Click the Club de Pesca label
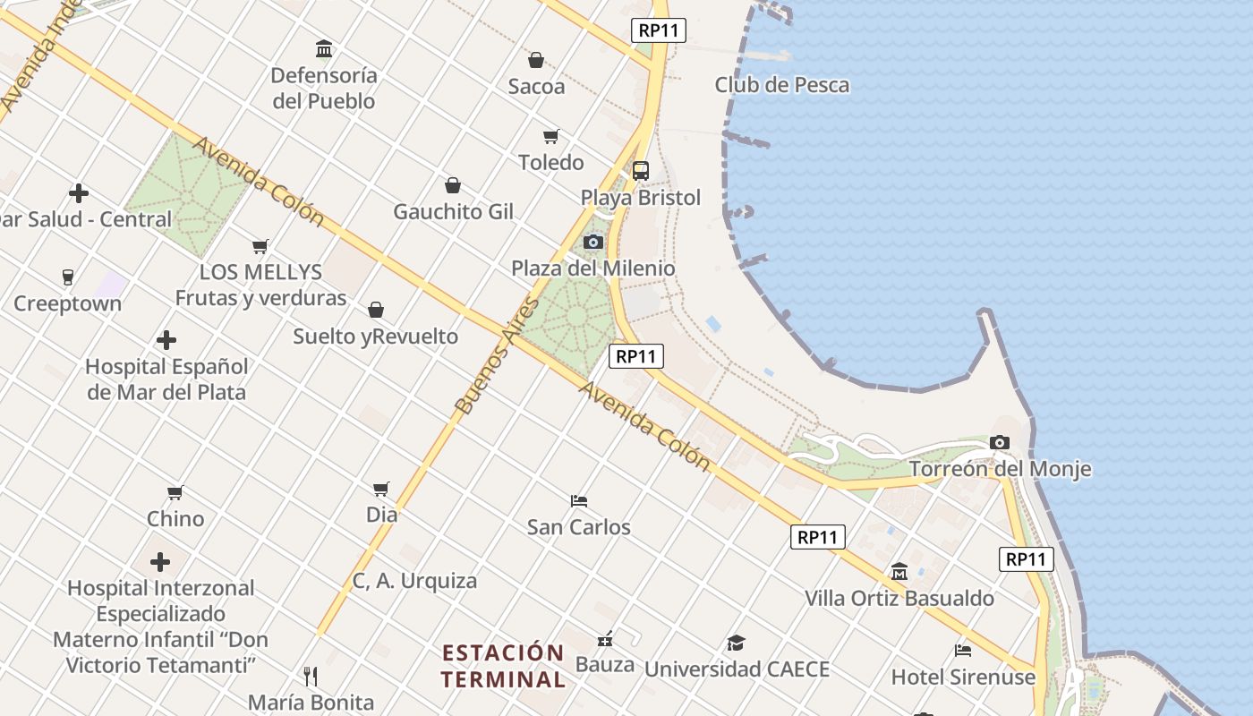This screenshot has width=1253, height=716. pyautogui.click(x=781, y=85)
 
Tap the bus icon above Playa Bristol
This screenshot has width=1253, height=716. pyautogui.click(x=641, y=171)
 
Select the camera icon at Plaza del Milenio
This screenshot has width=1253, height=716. pyautogui.click(x=593, y=242)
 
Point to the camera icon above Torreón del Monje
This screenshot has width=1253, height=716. pyautogui.click(x=1000, y=442)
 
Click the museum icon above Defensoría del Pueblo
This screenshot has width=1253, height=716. pyautogui.click(x=324, y=48)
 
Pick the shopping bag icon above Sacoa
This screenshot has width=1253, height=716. pyautogui.click(x=536, y=60)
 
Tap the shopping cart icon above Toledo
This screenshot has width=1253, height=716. pyautogui.click(x=551, y=137)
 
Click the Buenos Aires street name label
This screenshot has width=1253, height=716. pyautogui.click(x=498, y=355)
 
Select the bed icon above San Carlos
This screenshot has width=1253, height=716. pyautogui.click(x=579, y=500)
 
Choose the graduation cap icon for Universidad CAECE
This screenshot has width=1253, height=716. pyautogui.click(x=736, y=643)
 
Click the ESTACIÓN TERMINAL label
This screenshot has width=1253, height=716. pyautogui.click(x=504, y=665)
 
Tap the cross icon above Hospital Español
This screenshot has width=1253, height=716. pyautogui.click(x=166, y=340)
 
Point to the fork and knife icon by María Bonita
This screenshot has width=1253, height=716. pyautogui.click(x=311, y=676)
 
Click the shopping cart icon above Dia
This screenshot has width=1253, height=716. pyautogui.click(x=381, y=489)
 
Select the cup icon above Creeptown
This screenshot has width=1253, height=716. pyautogui.click(x=68, y=277)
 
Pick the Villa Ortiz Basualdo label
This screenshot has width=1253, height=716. pyautogui.click(x=899, y=598)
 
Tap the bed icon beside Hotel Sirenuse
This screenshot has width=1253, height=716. pyautogui.click(x=963, y=651)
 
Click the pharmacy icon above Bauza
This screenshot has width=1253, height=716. pyautogui.click(x=605, y=639)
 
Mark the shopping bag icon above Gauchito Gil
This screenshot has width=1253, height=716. pyautogui.click(x=453, y=185)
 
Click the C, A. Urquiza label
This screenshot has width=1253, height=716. pyautogui.click(x=414, y=581)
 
